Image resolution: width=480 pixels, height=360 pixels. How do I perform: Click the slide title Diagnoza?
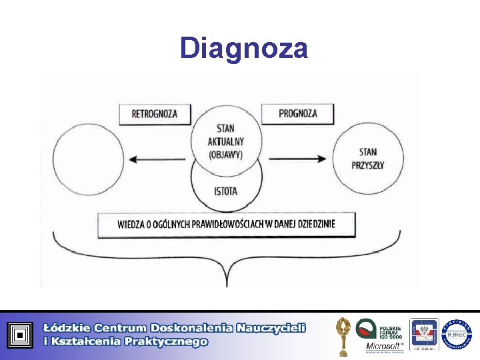[243, 48]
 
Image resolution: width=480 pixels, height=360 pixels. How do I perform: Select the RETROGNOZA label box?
[155, 113]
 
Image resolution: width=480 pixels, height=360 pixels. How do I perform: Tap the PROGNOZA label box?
[297, 113]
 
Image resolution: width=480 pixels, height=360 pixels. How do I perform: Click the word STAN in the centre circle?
[226, 129]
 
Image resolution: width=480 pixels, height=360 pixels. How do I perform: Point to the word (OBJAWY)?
[226, 154]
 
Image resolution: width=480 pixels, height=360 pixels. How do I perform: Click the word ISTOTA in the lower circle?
[226, 192]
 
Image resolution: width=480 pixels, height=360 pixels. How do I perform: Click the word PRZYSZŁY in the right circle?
[367, 165]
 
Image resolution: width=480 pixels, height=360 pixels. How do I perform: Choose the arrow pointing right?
[298, 159]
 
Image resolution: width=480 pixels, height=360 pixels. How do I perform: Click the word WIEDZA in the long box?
[131, 225]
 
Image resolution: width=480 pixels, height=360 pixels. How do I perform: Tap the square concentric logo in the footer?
[20, 335]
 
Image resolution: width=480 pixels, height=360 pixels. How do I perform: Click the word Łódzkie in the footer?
[65, 328]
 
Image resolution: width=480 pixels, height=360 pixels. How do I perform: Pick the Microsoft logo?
[383, 345]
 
